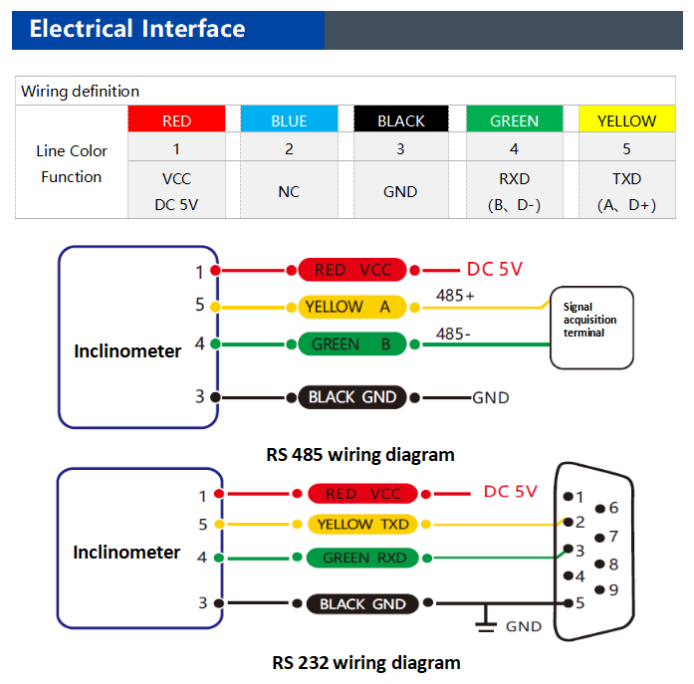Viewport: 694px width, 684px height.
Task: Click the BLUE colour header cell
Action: tap(289, 118)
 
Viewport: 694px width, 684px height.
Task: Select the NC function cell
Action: tap(289, 190)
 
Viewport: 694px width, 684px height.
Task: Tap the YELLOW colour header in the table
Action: tap(626, 118)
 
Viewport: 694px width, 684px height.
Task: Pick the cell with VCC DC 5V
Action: tap(176, 190)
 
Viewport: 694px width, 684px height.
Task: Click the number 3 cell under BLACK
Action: tap(401, 147)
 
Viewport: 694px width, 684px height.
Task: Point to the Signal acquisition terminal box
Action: tap(591, 328)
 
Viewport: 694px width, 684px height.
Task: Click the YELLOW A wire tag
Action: tap(352, 307)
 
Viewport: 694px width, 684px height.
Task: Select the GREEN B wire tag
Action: tap(352, 343)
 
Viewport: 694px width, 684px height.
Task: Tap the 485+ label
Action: tap(455, 295)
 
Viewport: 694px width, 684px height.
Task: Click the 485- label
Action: tap(453, 334)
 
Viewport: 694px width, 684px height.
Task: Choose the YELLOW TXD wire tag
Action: tap(363, 525)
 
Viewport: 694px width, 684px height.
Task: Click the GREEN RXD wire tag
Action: tap(363, 558)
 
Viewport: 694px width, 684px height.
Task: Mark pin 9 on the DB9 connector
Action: tap(599, 589)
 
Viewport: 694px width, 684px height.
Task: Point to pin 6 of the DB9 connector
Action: tap(599, 509)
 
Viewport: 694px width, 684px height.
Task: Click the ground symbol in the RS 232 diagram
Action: tap(486, 618)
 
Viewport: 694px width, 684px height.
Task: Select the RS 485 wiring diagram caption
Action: tap(360, 455)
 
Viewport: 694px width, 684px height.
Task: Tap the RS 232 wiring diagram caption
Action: tap(366, 663)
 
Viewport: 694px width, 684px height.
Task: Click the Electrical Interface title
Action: tap(137, 29)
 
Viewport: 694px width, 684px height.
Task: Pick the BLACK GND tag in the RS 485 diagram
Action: tap(352, 397)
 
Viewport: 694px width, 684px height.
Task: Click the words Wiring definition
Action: tap(80, 92)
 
